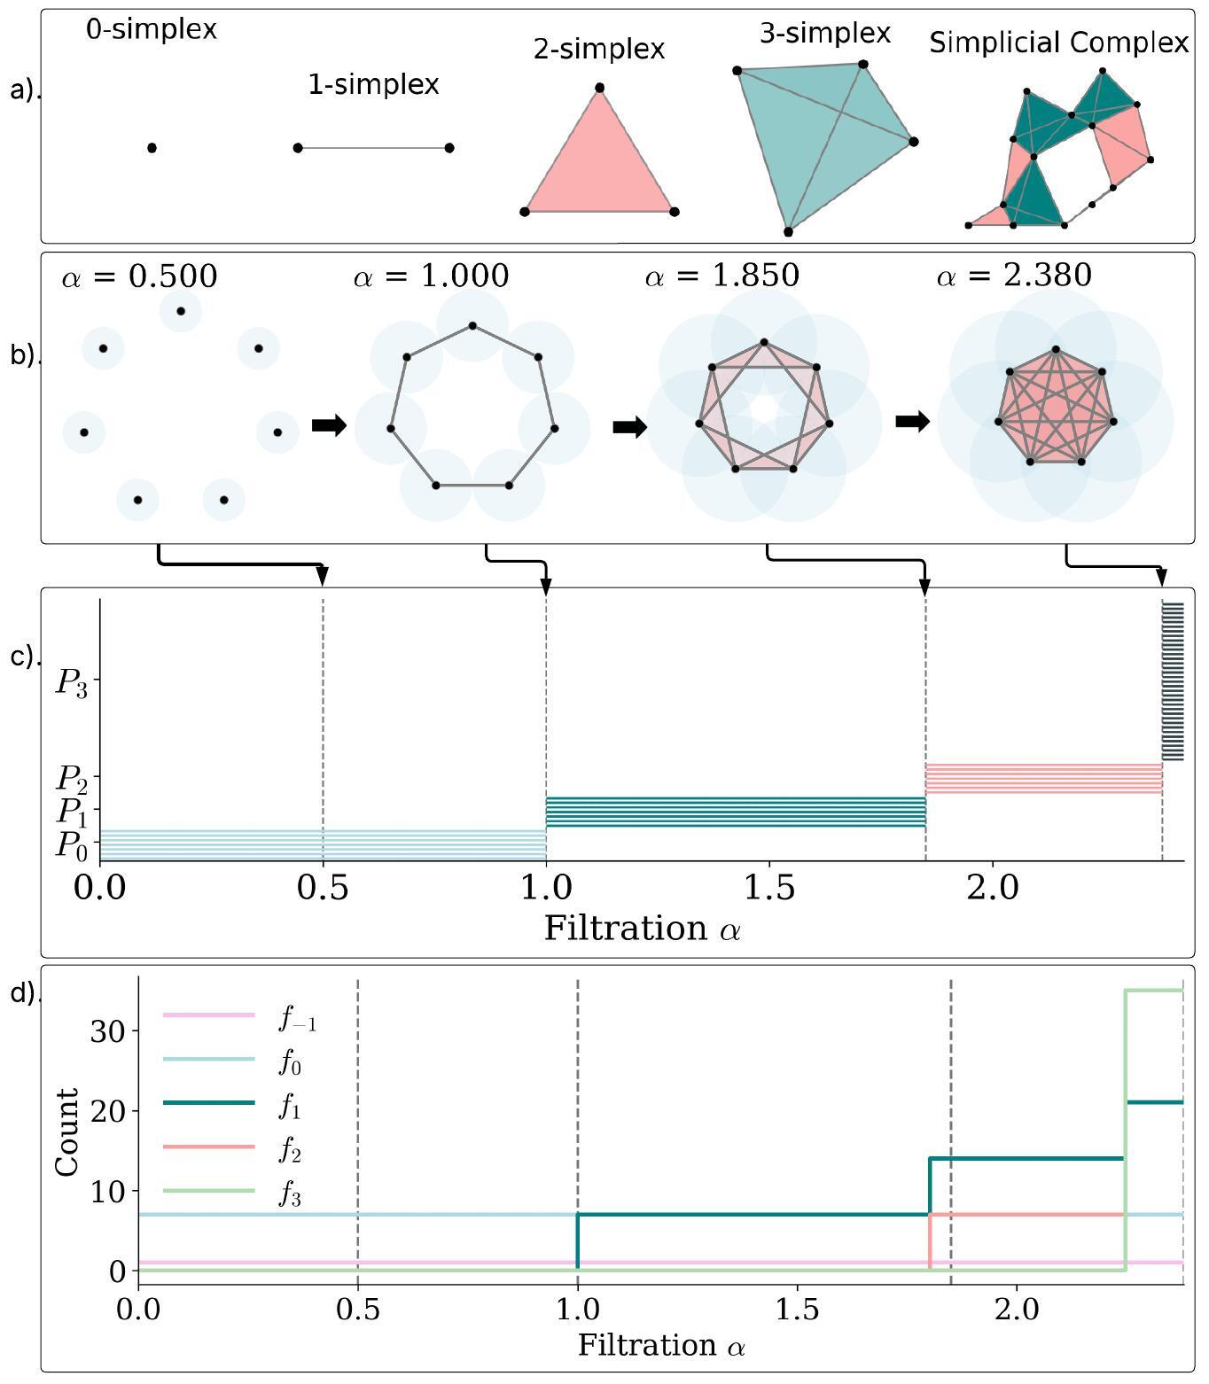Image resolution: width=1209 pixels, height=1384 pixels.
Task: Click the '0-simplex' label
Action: tap(152, 29)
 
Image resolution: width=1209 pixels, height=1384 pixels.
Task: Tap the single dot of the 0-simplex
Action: tap(152, 148)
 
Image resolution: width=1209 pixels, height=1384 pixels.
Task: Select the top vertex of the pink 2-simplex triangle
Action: tap(600, 88)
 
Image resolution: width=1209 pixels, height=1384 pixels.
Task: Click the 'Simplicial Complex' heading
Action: tap(1058, 43)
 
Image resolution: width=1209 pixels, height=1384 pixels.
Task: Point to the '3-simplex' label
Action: tap(824, 34)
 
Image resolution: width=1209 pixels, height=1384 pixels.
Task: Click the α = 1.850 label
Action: tap(721, 276)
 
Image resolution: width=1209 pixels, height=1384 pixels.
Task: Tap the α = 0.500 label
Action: tap(139, 276)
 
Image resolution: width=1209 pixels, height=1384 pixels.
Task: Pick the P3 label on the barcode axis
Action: tap(72, 683)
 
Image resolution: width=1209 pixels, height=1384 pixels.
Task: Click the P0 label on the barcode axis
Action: tap(72, 845)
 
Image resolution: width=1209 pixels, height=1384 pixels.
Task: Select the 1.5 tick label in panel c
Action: tap(769, 886)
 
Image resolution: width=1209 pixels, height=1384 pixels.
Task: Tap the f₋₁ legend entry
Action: tap(298, 1020)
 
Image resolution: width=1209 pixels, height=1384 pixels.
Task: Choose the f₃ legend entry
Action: tap(290, 1196)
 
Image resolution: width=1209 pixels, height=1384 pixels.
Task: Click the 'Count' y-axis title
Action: tap(67, 1131)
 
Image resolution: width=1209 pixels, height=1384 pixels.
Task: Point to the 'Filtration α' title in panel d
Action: tap(661, 1345)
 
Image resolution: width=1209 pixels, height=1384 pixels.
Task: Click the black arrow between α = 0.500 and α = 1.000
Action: tap(329, 426)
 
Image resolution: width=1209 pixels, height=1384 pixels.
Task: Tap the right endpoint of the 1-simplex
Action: tap(449, 148)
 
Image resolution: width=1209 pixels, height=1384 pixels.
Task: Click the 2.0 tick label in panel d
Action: tap(1016, 1309)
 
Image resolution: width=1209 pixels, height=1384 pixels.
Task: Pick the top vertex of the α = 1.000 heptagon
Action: tap(472, 326)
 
